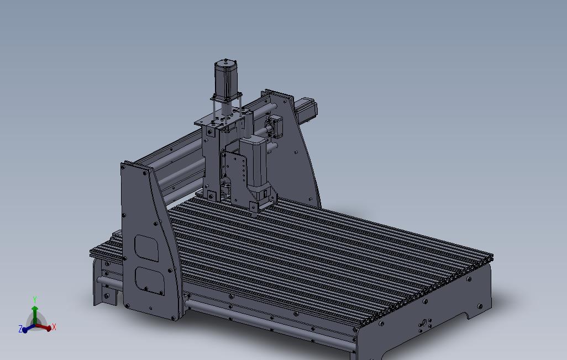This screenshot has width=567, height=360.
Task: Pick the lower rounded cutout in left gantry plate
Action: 149,280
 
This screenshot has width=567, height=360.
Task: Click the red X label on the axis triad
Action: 54,327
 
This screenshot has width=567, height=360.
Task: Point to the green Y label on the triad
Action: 35,300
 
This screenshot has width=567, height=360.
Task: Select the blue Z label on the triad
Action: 20,329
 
